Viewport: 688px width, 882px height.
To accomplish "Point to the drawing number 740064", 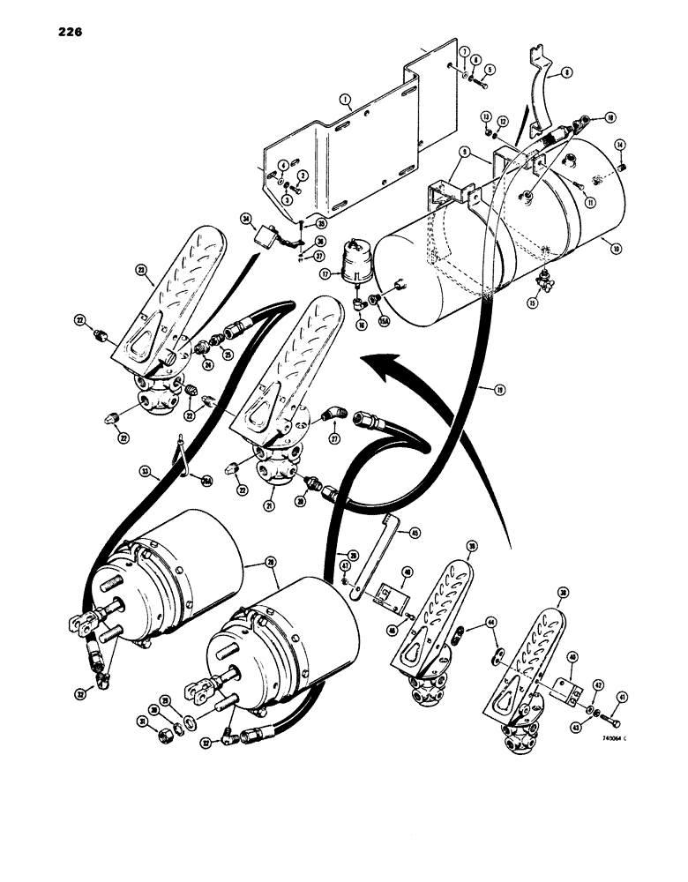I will coord(611,740).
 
